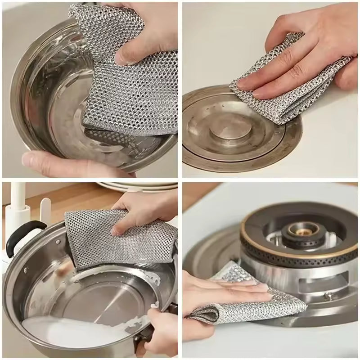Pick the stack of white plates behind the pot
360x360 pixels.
pyautogui.click(x=135, y=185)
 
